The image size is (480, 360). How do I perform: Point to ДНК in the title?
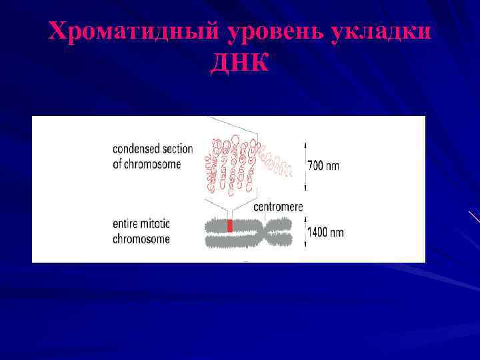(x=240, y=63)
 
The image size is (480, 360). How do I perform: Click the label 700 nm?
(x=323, y=165)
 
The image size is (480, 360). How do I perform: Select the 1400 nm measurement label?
(x=326, y=233)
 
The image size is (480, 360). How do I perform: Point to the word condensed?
(x=138, y=149)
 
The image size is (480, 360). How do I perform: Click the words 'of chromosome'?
(x=147, y=164)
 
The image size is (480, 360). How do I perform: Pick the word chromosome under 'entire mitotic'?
(x=141, y=239)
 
